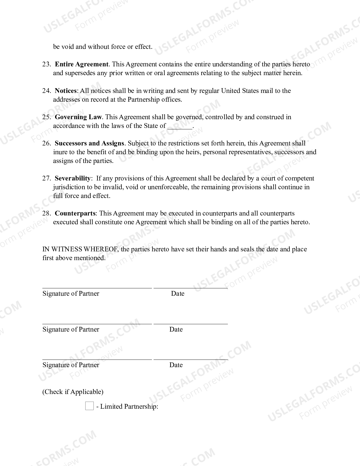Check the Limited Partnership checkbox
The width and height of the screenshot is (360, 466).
(89, 406)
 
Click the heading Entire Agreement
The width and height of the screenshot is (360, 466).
(81, 64)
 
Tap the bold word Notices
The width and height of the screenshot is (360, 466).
(66, 91)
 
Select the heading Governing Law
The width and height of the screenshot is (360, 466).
(78, 117)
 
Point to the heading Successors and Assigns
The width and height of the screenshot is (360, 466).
(89, 143)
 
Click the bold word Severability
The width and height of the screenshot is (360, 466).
(73, 178)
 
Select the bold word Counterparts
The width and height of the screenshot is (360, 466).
(75, 213)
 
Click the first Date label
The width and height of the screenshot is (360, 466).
(178, 293)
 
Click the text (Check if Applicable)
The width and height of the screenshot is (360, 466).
(73, 392)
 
